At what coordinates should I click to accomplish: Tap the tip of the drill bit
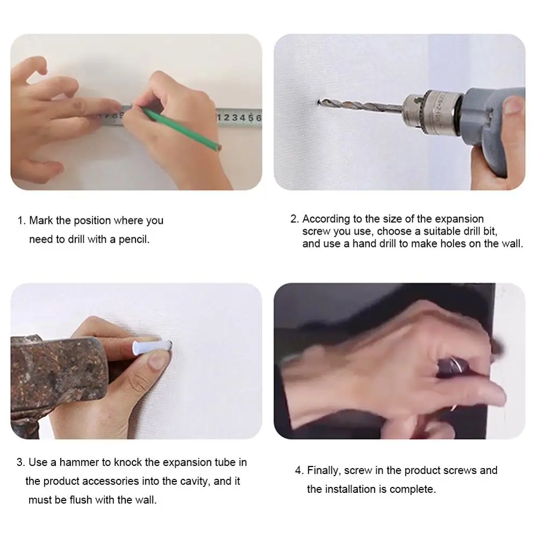[x=318, y=102]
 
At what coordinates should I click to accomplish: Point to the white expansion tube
[x=152, y=346]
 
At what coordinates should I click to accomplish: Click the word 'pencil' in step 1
[x=134, y=239]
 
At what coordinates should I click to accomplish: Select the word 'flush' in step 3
[x=81, y=500]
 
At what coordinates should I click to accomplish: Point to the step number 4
[x=298, y=470]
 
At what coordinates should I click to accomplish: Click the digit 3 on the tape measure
[x=235, y=118]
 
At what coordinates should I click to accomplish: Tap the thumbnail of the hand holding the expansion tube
[x=157, y=362]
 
